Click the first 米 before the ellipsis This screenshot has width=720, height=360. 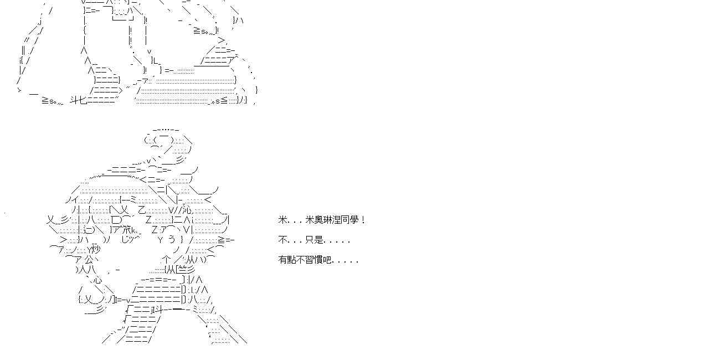(x=282, y=220)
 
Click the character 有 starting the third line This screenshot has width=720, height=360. (x=282, y=260)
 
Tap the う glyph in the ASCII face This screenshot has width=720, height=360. (x=171, y=240)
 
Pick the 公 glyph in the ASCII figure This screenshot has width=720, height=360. (x=90, y=259)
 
